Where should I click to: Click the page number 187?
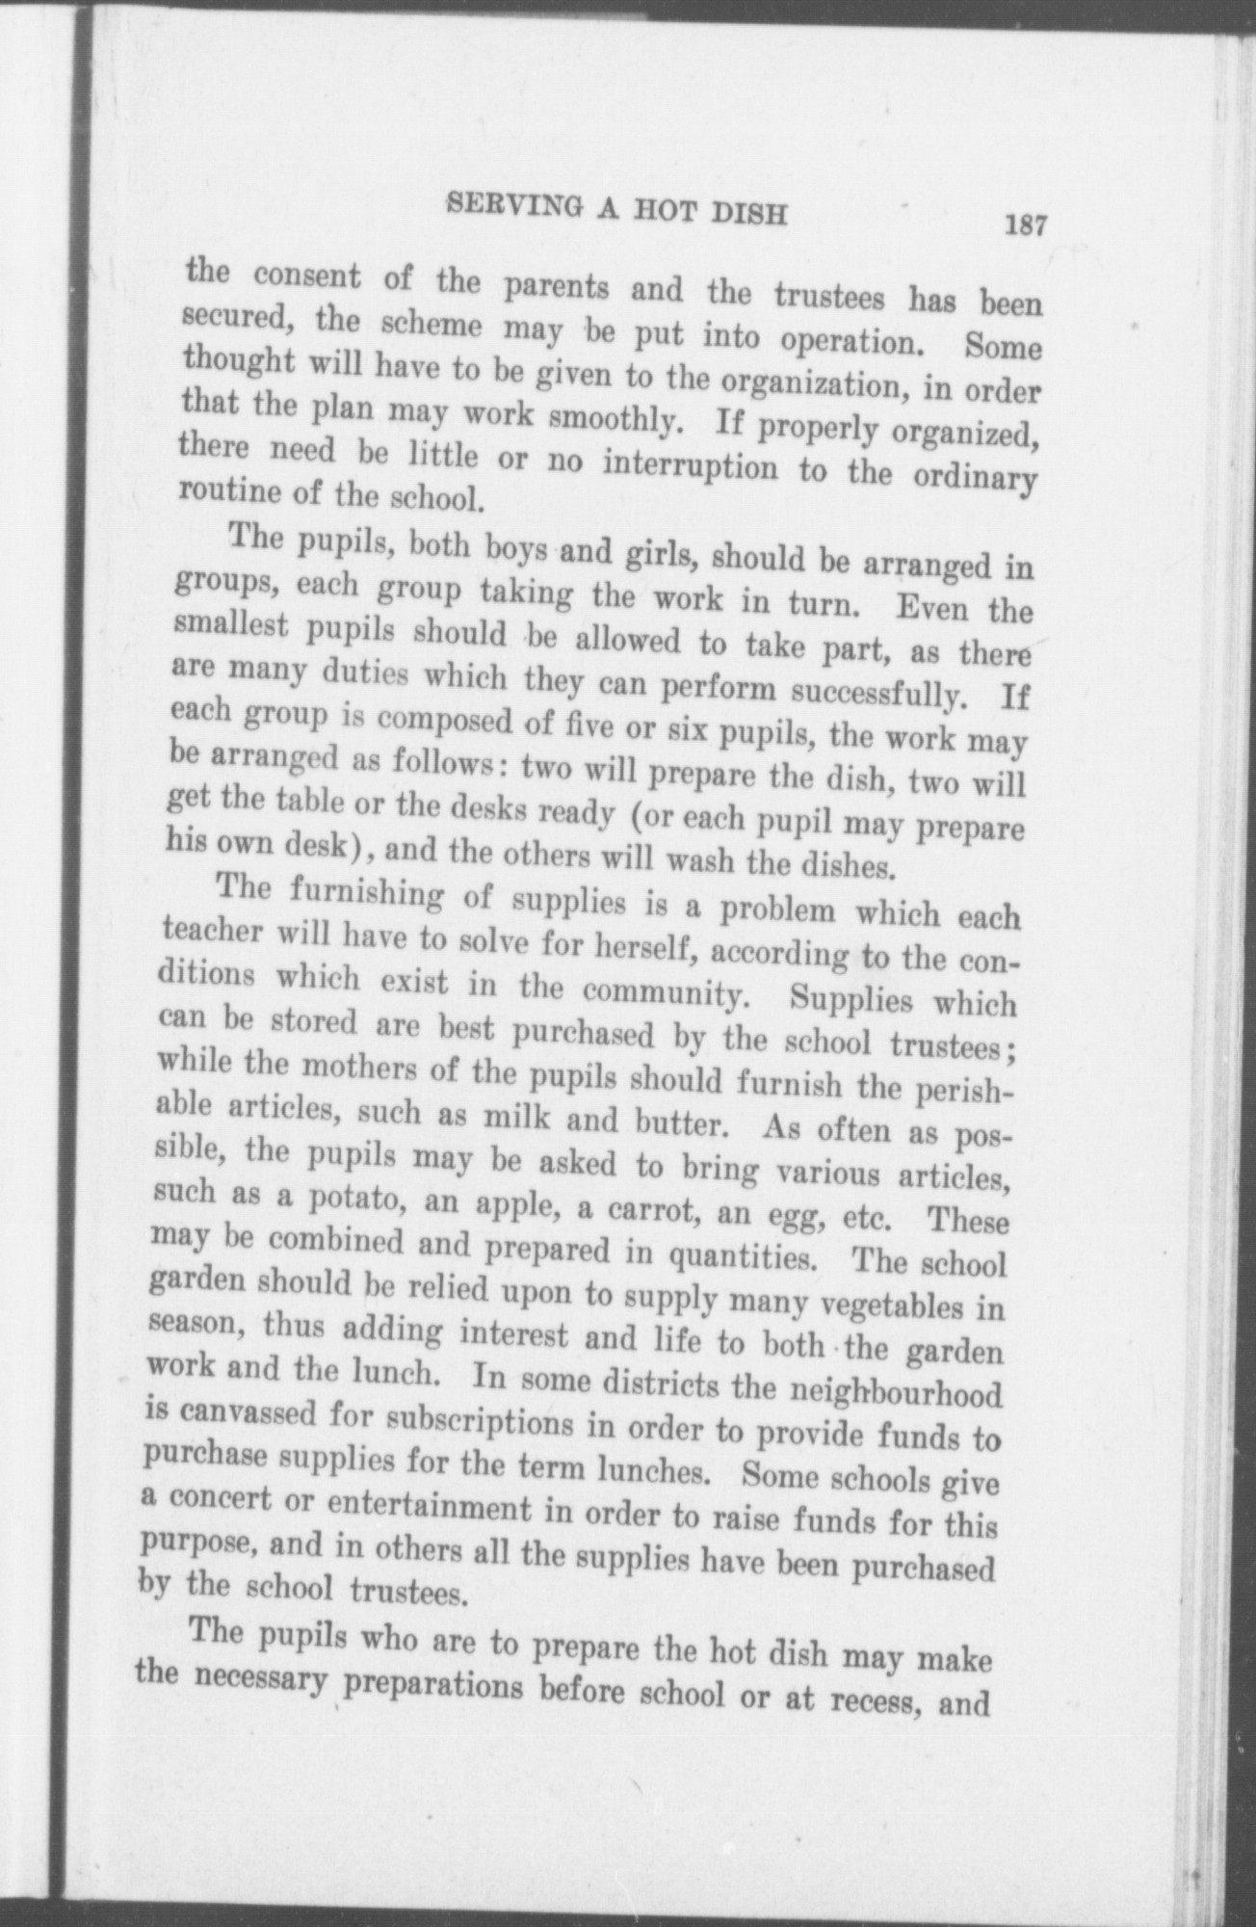coord(1024,225)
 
